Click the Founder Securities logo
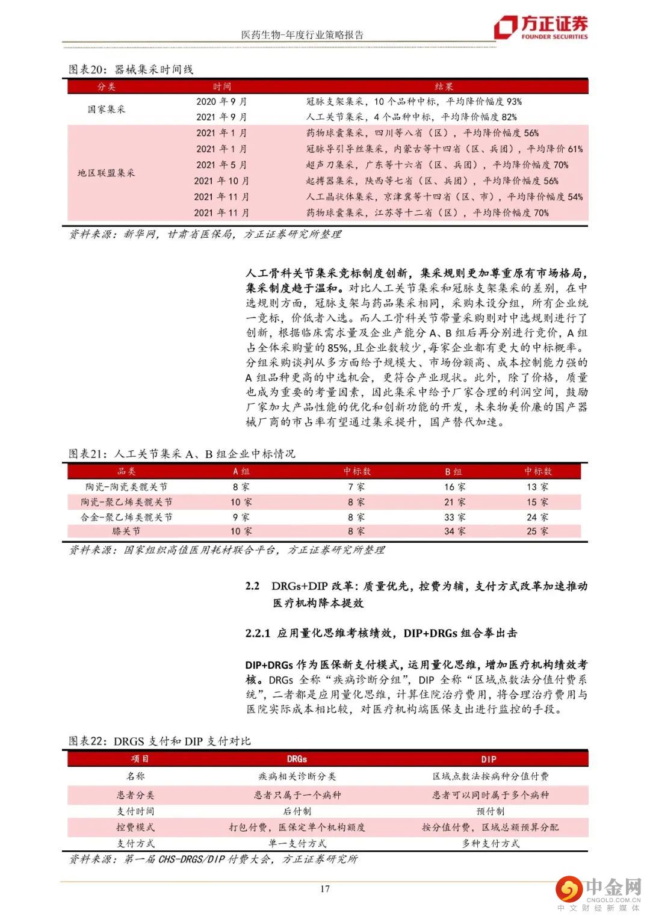pyautogui.click(x=540, y=27)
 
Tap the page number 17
pyautogui.click(x=324, y=888)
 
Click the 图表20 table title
pyautogui.click(x=131, y=70)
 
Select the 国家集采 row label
pyautogui.click(x=107, y=109)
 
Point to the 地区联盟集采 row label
pyautogui.click(x=107, y=173)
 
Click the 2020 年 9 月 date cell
pyautogui.click(x=221, y=101)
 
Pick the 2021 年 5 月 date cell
pyautogui.click(x=221, y=164)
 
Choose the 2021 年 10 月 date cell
pyautogui.click(x=221, y=181)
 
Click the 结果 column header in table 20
pyautogui.click(x=444, y=87)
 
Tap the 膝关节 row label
pyautogui.click(x=126, y=531)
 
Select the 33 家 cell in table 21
pyautogui.click(x=454, y=517)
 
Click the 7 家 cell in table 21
pyautogui.click(x=356, y=487)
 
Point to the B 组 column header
pyautogui.click(x=454, y=471)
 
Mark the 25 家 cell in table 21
pyautogui.click(x=537, y=531)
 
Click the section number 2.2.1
pyautogui.click(x=258, y=633)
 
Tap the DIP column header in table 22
pyautogui.click(x=489, y=759)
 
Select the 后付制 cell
pyautogui.click(x=297, y=811)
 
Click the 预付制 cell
pyautogui.click(x=491, y=811)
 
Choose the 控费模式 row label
pyautogui.click(x=135, y=828)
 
